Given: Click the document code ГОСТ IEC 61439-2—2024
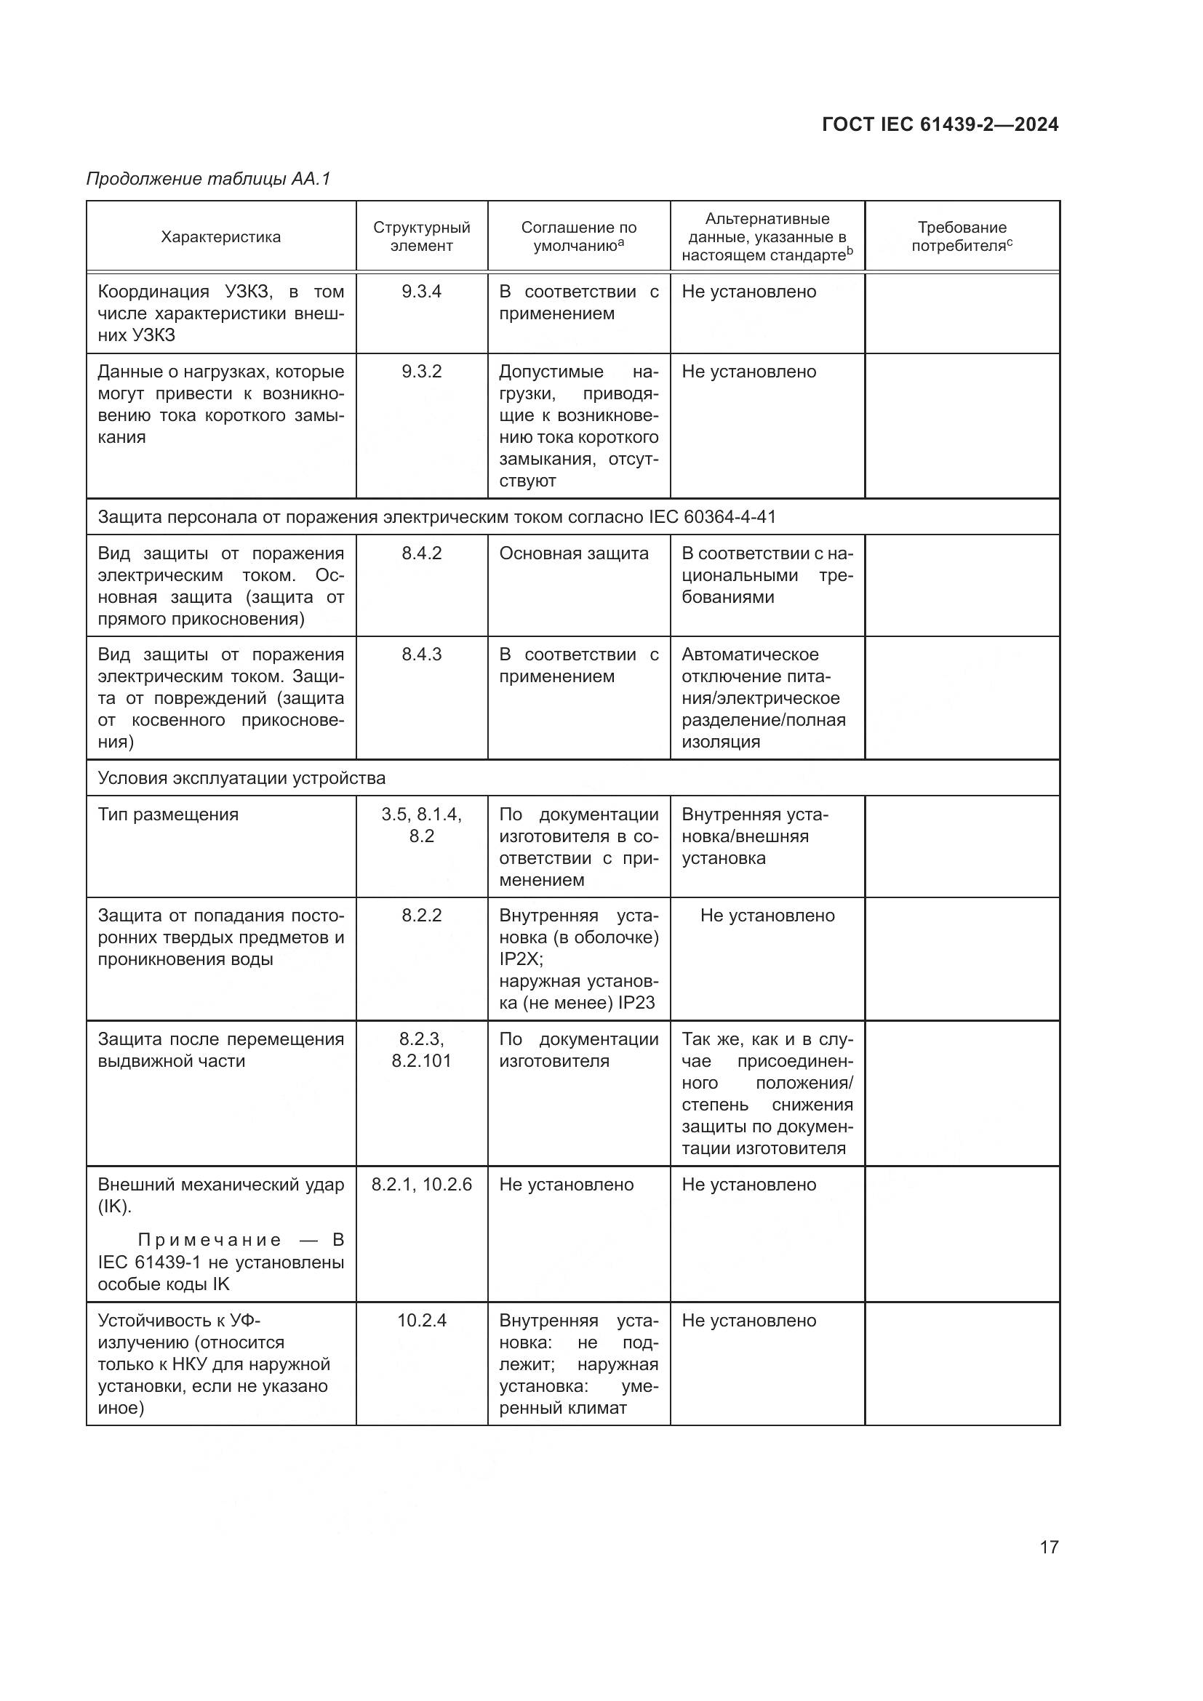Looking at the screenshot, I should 939,124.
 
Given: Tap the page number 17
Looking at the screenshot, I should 1049,1547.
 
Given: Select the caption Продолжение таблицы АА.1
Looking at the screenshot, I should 208,179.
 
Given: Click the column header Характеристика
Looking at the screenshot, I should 221,237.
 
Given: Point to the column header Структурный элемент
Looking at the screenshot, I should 422,236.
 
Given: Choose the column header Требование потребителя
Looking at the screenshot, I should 962,236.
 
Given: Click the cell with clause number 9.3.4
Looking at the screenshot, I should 422,292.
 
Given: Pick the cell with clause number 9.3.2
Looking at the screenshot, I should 422,372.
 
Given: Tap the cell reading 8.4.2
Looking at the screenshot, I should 422,553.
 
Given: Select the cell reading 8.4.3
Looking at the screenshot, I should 422,655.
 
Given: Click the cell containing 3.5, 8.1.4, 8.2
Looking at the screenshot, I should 422,825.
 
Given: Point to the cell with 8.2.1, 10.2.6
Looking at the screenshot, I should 422,1185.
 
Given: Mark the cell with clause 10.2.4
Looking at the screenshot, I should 422,1321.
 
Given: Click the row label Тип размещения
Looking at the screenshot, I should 168,815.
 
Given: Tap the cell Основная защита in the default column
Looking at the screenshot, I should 573,553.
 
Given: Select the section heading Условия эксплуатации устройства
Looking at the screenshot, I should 241,778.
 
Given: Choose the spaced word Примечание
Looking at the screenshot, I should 209,1240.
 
